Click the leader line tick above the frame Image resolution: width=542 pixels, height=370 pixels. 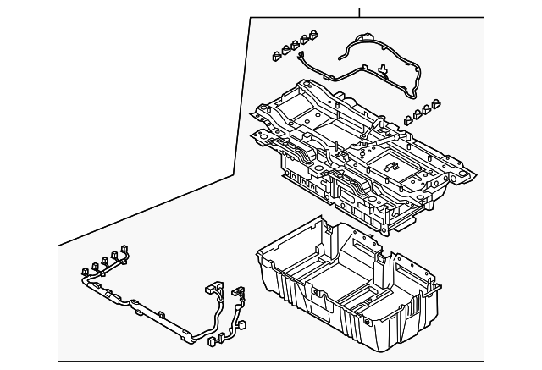359,11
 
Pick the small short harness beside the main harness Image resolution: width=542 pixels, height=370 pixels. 240,309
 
